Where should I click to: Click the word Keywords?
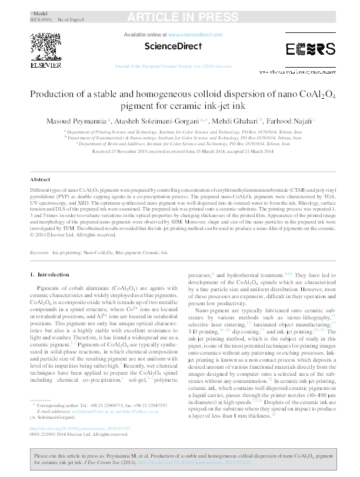(39, 252)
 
